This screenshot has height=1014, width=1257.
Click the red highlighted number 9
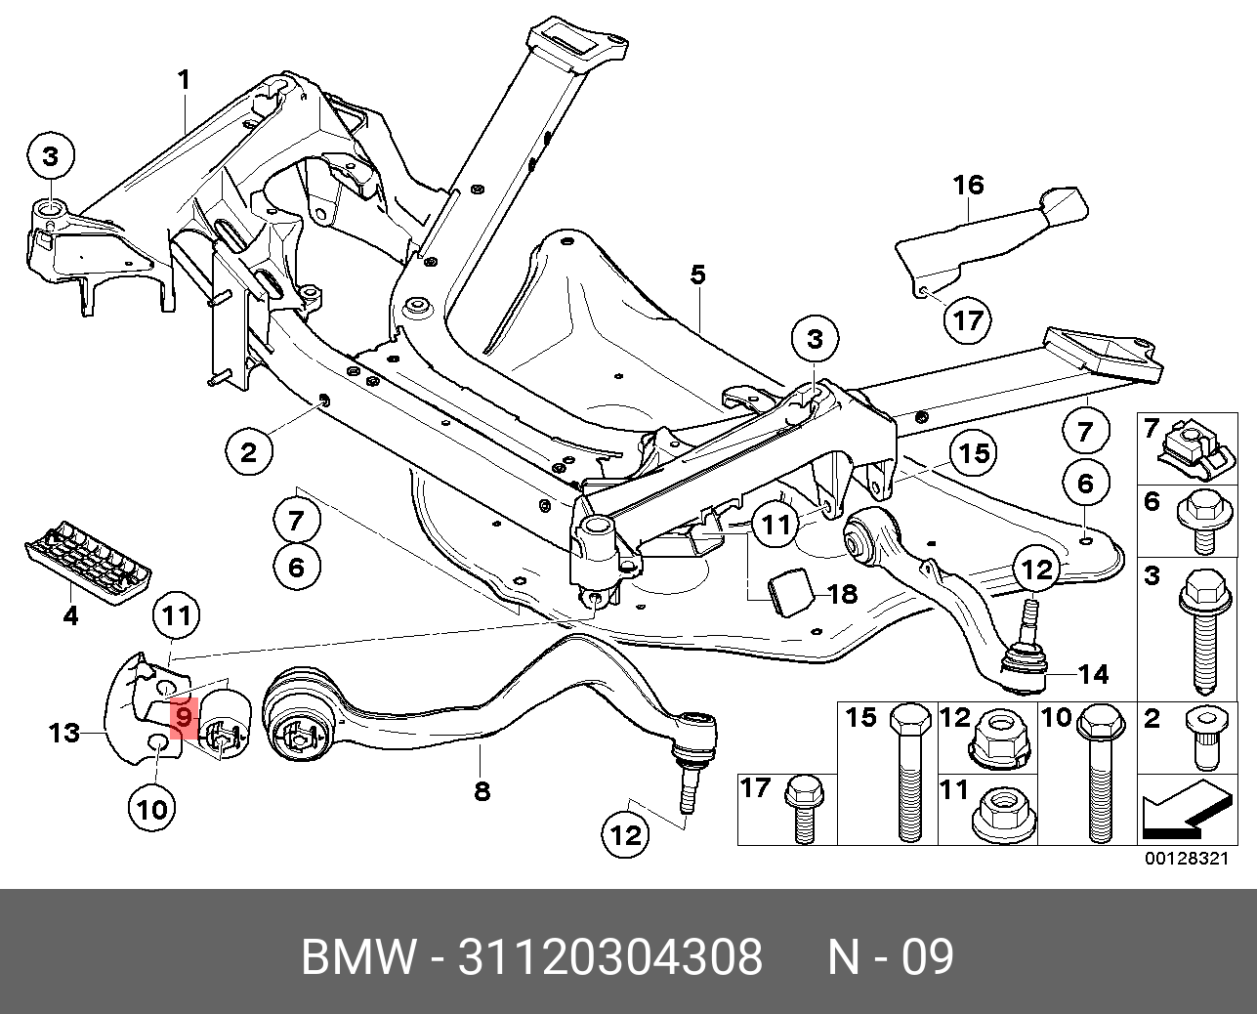[184, 717]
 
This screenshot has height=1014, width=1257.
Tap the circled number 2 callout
[249, 451]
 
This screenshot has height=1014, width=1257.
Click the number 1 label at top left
[185, 80]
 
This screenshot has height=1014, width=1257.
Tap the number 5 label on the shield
[696, 275]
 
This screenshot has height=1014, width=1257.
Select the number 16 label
[968, 184]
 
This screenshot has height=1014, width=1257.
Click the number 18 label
[841, 593]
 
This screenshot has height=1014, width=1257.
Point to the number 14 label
[1095, 673]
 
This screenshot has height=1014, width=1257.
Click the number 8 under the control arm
[482, 790]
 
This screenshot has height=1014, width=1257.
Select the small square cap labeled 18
[788, 590]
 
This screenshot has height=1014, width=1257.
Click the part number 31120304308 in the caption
[610, 957]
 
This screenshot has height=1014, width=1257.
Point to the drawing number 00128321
[1185, 859]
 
